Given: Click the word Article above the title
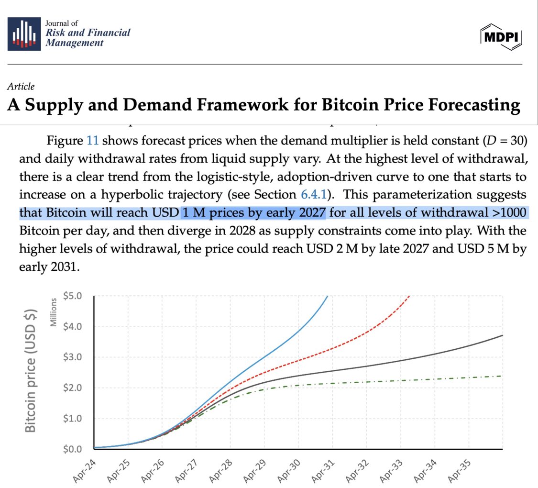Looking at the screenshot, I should point(21,87).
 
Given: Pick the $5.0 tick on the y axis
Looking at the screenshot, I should point(72,296).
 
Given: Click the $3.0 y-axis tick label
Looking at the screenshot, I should point(72,357).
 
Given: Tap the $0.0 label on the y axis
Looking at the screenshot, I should point(72,449).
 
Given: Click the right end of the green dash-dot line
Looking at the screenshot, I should point(501,376).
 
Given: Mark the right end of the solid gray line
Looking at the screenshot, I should point(502,335).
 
